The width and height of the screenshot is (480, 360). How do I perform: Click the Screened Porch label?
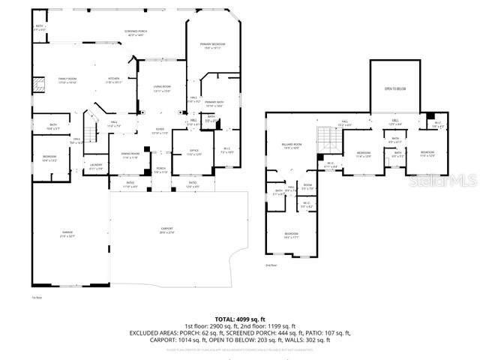coord(134,33)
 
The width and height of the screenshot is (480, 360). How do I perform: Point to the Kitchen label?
coord(113,80)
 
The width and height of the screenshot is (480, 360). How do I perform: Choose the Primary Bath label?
coord(214,103)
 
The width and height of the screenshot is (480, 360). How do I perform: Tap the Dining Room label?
coord(130,155)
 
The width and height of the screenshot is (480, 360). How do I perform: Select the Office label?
coord(193,152)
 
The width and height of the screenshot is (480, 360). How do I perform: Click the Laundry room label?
coord(96,166)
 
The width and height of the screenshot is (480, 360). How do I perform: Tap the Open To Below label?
coord(395,88)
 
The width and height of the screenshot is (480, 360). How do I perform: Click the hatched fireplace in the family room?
coord(36,85)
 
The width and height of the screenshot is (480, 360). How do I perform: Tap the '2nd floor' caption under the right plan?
coord(270,265)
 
